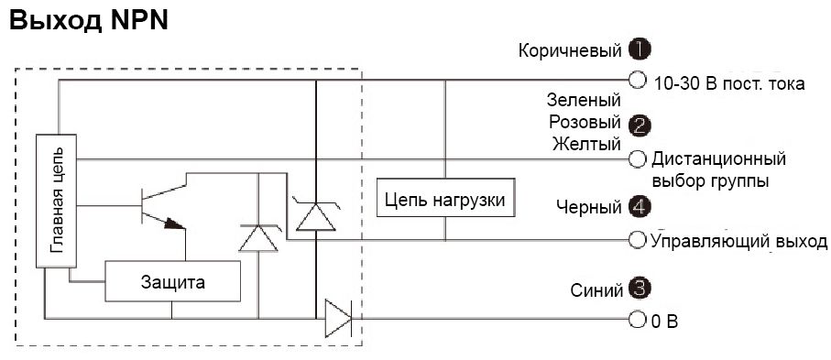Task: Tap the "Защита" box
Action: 173,282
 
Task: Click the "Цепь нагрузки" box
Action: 444,199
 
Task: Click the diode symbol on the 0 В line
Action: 338,320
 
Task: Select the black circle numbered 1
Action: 640,49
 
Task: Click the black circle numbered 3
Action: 640,289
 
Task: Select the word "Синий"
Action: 596,290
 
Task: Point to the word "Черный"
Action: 589,208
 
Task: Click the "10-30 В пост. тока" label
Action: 729,83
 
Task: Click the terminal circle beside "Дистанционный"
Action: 638,159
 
